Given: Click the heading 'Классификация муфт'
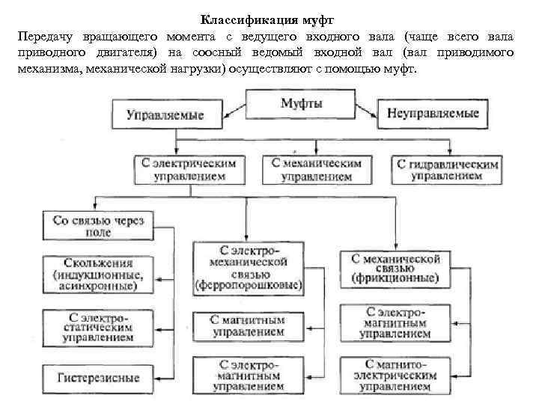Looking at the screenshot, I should (x=269, y=20).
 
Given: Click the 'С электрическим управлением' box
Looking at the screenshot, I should (x=189, y=170).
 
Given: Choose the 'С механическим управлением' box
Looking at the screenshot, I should (x=317, y=170).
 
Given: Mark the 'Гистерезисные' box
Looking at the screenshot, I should (x=98, y=377).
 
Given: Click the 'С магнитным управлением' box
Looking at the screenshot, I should (x=249, y=325).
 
